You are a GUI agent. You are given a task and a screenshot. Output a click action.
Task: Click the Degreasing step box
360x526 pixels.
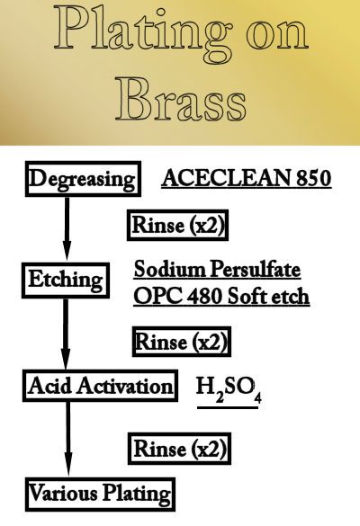(83, 179)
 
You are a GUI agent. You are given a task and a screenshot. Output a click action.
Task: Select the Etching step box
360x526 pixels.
(66, 281)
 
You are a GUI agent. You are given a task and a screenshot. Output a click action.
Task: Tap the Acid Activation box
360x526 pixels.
(100, 386)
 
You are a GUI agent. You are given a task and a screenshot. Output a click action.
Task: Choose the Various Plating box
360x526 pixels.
(100, 495)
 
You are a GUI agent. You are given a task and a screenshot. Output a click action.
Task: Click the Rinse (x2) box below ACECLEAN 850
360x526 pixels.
(177, 225)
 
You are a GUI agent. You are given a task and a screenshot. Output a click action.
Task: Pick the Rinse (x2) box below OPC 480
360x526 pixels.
(182, 342)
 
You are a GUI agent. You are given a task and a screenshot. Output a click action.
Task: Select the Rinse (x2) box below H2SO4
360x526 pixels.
(179, 449)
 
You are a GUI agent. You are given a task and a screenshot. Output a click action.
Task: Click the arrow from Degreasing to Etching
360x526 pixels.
(67, 229)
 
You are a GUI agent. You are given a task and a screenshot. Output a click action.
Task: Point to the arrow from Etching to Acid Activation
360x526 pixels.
(66, 334)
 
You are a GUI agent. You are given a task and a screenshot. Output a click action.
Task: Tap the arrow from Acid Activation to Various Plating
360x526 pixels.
(68, 440)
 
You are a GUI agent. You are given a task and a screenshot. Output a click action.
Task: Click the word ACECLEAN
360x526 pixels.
(226, 178)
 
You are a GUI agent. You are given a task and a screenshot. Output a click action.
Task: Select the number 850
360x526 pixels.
(314, 178)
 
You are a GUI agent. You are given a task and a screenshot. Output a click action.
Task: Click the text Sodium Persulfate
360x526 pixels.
(217, 270)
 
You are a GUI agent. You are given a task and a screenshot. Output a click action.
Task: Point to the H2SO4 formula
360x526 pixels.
(229, 389)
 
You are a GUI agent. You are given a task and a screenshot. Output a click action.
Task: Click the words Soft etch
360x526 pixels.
(268, 296)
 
